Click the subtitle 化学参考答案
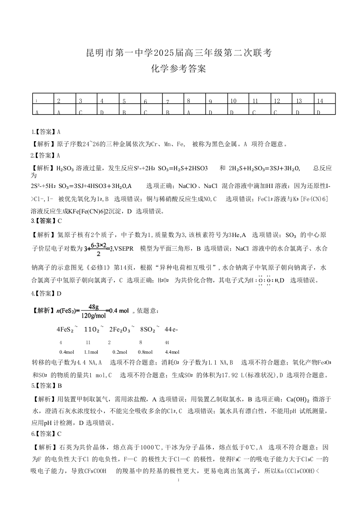pyautogui.click(x=180, y=69)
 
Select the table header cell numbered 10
pyautogui.click(x=233, y=101)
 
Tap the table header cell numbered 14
pyautogui.click(x=320, y=101)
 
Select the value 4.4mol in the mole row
pyautogui.click(x=172, y=352)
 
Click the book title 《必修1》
pyautogui.click(x=107, y=267)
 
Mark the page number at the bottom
pyautogui.click(x=180, y=480)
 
